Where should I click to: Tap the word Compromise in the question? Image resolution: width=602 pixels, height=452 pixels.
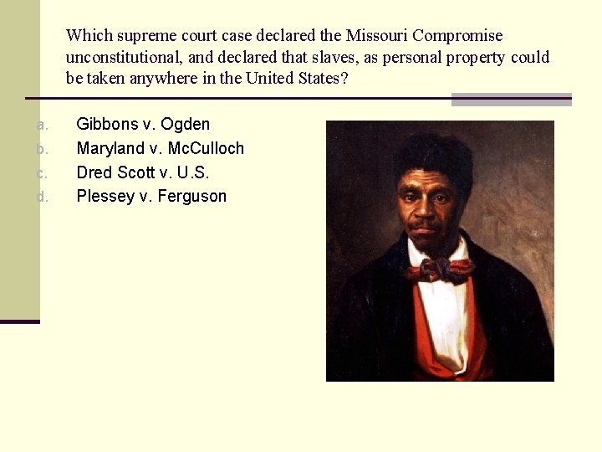point(457,36)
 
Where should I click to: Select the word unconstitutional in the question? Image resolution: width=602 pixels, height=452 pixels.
point(122,58)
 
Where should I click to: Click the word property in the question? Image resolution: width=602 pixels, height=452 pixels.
point(473,58)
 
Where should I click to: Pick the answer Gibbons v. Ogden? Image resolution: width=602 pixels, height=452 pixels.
point(143,125)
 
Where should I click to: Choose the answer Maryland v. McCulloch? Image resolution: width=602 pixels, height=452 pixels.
point(160,149)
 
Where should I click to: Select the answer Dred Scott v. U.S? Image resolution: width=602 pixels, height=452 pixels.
point(142,172)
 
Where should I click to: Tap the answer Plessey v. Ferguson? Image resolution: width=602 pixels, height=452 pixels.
point(151,197)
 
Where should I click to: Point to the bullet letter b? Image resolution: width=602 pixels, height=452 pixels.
point(43,149)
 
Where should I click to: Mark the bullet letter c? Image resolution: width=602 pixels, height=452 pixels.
point(43,173)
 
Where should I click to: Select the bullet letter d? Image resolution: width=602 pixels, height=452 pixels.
point(43,198)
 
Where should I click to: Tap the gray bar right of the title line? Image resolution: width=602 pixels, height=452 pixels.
point(511,100)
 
